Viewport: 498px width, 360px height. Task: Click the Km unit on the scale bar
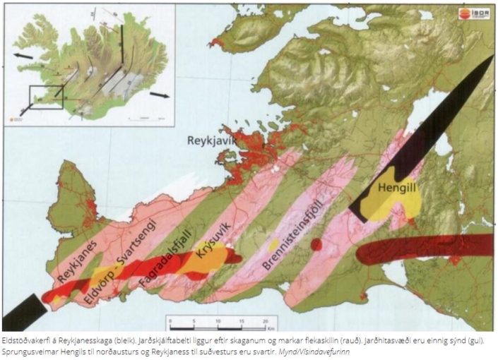(x=270, y=328)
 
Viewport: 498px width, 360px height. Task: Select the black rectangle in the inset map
(x=46, y=98)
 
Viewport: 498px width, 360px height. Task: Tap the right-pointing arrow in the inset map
(x=160, y=94)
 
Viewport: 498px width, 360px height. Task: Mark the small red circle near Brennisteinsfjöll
(x=317, y=245)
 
